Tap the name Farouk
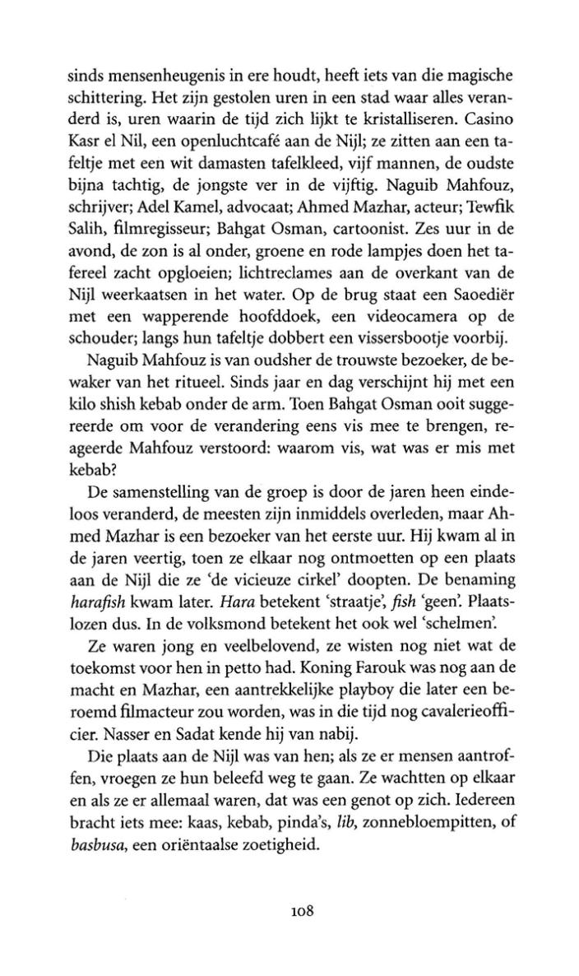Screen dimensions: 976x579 click(x=317, y=708)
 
